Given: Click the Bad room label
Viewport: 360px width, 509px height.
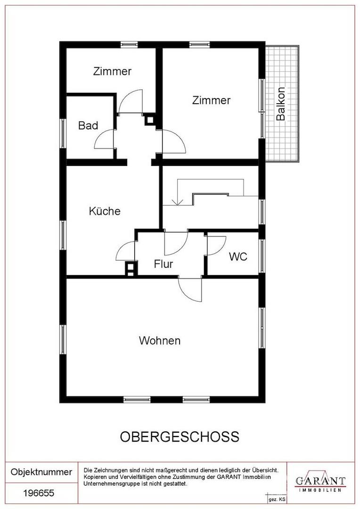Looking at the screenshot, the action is pos(88,126).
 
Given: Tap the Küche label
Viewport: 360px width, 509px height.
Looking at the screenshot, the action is pos(105,211).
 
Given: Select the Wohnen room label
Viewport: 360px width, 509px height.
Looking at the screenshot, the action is pos(160,341).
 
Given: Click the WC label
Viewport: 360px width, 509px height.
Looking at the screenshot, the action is pos(238,256).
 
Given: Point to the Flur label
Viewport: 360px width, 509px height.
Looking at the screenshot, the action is pos(164,264).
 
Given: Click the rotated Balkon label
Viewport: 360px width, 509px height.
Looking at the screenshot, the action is pos(280,104).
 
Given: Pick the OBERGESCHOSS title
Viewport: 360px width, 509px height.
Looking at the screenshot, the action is pos(180,437).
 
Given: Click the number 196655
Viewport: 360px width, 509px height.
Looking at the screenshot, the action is pos(39,493).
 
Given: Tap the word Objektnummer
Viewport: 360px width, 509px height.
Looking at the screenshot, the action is pos(41,472).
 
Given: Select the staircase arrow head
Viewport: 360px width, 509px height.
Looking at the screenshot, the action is pos(177,202).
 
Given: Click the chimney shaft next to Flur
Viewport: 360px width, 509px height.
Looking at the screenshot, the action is pos(130,269).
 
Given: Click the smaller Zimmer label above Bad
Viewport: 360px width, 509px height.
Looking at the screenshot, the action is pos(112,72).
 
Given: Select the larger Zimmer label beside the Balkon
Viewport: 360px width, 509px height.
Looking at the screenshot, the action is pos(211,100).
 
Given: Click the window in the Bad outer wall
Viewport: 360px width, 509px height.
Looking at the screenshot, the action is pos(63,133).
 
